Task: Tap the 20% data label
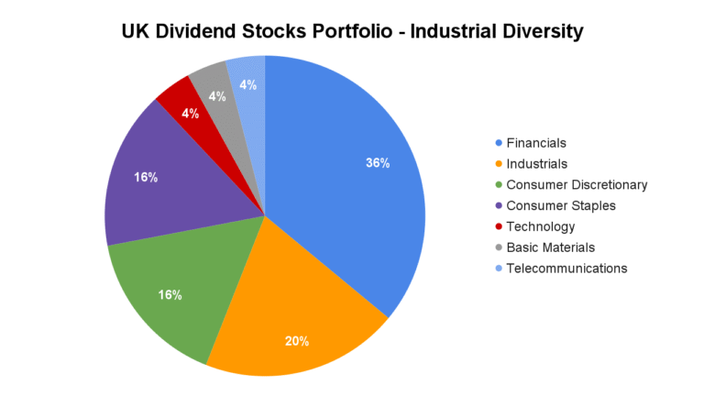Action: [296, 341]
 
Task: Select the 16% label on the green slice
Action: [170, 295]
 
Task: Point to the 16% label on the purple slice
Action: [146, 177]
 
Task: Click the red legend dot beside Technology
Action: [499, 226]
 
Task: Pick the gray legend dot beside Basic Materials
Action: [499, 247]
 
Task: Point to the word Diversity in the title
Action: [540, 31]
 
